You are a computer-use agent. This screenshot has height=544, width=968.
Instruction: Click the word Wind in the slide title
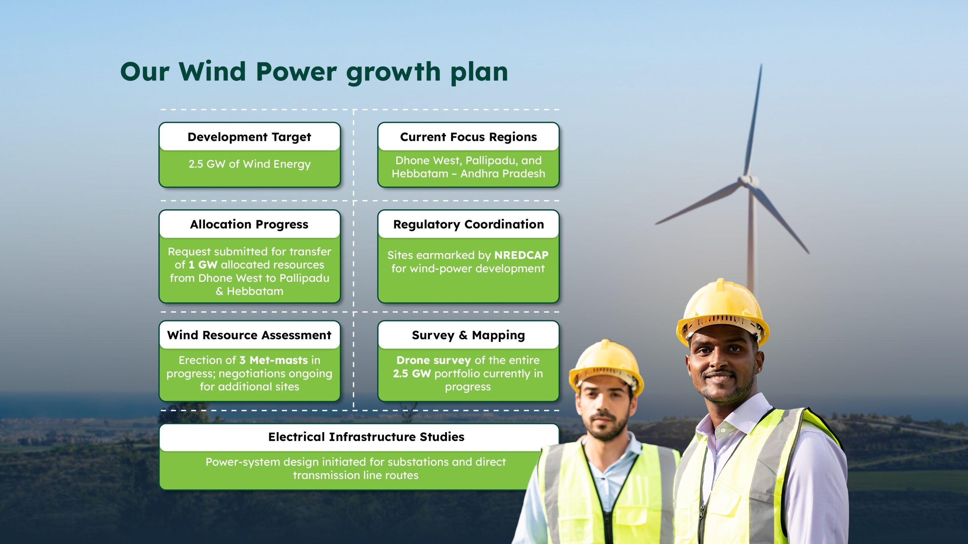click(x=213, y=71)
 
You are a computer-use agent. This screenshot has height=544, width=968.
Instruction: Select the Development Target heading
click(x=250, y=137)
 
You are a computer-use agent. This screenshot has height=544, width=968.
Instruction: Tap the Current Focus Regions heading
click(x=468, y=137)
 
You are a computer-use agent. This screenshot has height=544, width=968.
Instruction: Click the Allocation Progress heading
click(x=250, y=224)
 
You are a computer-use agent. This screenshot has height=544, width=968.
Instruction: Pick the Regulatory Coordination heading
click(x=468, y=224)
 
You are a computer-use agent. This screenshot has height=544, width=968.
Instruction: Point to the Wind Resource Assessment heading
click(x=250, y=335)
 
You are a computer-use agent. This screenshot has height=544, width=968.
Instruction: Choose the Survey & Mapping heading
click(x=468, y=335)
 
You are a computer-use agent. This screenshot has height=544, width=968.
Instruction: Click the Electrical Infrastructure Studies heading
click(x=366, y=437)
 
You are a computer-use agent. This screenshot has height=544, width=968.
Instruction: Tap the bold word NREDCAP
click(x=521, y=255)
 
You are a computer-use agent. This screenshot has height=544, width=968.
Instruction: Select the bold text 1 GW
click(x=203, y=265)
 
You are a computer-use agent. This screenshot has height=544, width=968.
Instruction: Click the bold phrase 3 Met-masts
click(x=274, y=360)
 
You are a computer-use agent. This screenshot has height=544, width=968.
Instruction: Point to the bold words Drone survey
click(x=434, y=361)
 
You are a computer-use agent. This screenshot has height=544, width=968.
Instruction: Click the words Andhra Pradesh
click(x=503, y=174)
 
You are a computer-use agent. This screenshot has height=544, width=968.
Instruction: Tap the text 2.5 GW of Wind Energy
click(x=250, y=164)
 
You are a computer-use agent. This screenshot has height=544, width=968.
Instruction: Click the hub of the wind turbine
click(x=749, y=181)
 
